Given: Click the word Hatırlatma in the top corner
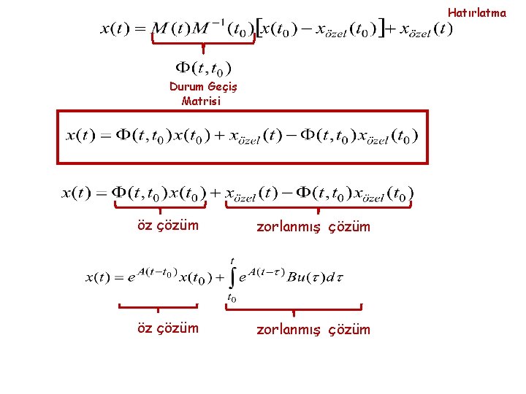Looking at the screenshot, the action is pos(476,12).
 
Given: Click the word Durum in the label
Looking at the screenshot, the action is pos(184,86).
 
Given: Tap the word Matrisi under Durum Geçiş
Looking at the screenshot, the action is pos(199,101).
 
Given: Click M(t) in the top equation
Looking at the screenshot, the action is pos(170,30).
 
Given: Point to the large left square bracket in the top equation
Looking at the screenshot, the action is pos(258,30).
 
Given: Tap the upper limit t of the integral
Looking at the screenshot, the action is pos(232,260).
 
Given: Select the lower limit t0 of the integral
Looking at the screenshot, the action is pos(232,298).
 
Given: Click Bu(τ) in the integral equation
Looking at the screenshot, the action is pos(302,277).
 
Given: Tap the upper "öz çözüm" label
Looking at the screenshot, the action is pos(168,225).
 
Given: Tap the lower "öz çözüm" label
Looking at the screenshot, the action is pos(168,328).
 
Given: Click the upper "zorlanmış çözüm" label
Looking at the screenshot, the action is pos(313,226).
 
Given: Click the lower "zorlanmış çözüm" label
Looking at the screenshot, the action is pos(313,329).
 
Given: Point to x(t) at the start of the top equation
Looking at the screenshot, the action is pos(115,30).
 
